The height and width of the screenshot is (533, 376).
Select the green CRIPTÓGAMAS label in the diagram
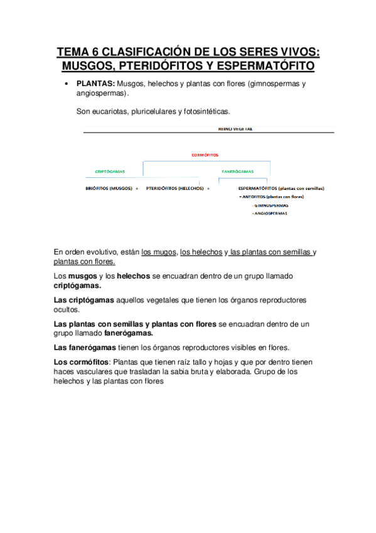click(109, 171)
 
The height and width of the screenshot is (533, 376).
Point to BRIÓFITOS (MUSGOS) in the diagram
click(109, 188)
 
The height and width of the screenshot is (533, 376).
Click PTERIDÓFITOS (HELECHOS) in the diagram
click(175, 188)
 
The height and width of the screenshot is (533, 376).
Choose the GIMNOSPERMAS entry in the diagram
click(270, 206)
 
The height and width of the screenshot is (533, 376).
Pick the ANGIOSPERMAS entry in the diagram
click(270, 214)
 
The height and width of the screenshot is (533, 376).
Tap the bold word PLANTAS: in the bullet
click(95, 84)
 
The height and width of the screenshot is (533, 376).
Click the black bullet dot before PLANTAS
click(66, 84)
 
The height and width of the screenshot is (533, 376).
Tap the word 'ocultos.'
click(67, 309)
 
